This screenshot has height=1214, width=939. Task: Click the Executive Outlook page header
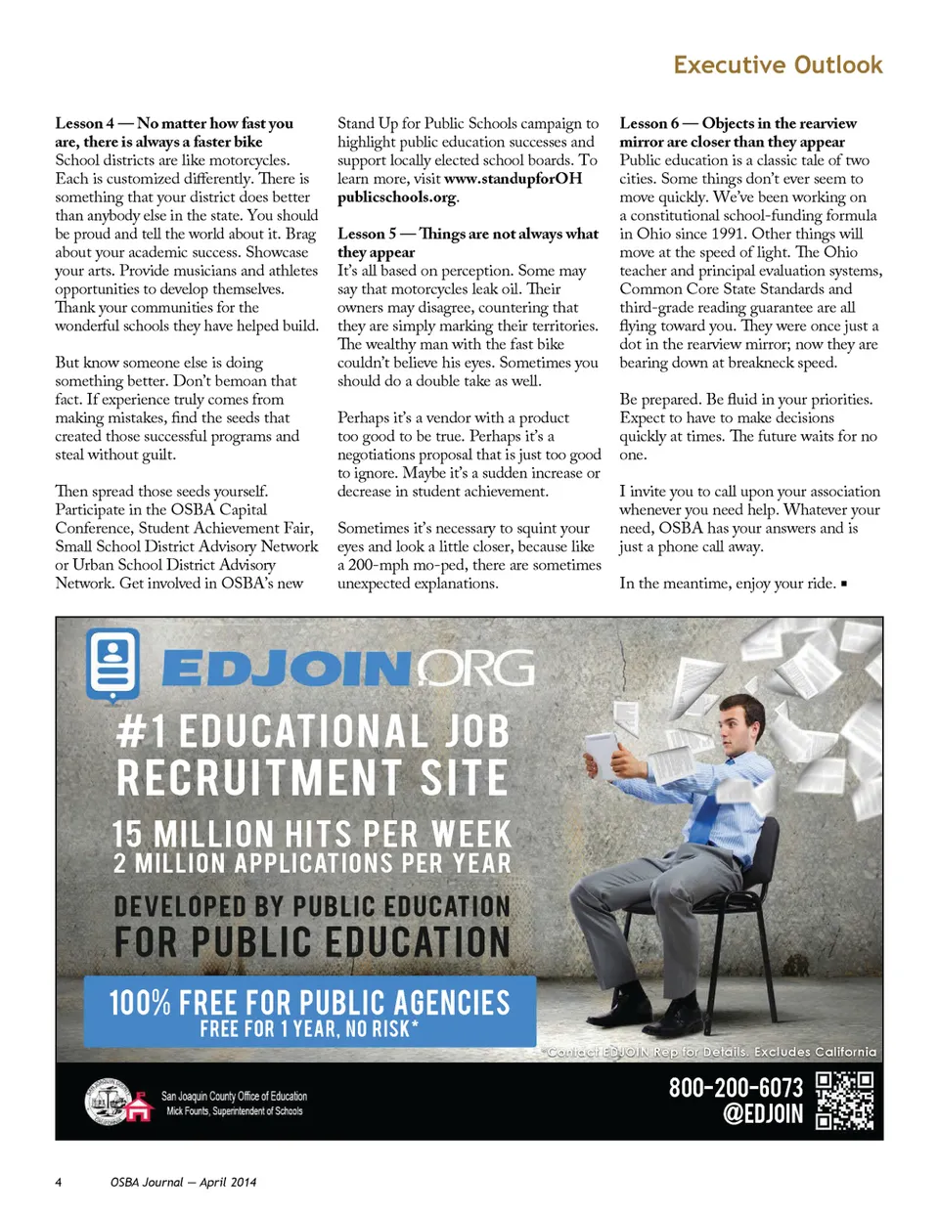click(778, 65)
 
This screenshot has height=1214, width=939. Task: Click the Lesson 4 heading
click(174, 132)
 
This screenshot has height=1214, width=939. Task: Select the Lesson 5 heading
click(468, 242)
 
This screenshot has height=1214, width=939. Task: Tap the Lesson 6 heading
click(738, 132)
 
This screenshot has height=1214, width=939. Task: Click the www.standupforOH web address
click(513, 179)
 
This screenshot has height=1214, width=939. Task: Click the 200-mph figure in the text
click(375, 565)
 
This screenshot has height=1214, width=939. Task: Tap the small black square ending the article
click(844, 584)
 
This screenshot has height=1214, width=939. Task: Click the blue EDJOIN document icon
click(113, 664)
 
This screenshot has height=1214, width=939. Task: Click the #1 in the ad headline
click(142, 731)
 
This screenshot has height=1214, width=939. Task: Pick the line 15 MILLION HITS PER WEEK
click(311, 834)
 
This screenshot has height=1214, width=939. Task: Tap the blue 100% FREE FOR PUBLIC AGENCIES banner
click(309, 1011)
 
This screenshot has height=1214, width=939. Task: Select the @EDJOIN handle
click(762, 1114)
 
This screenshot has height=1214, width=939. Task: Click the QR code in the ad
click(844, 1100)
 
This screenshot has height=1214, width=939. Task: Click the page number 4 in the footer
click(58, 1182)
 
